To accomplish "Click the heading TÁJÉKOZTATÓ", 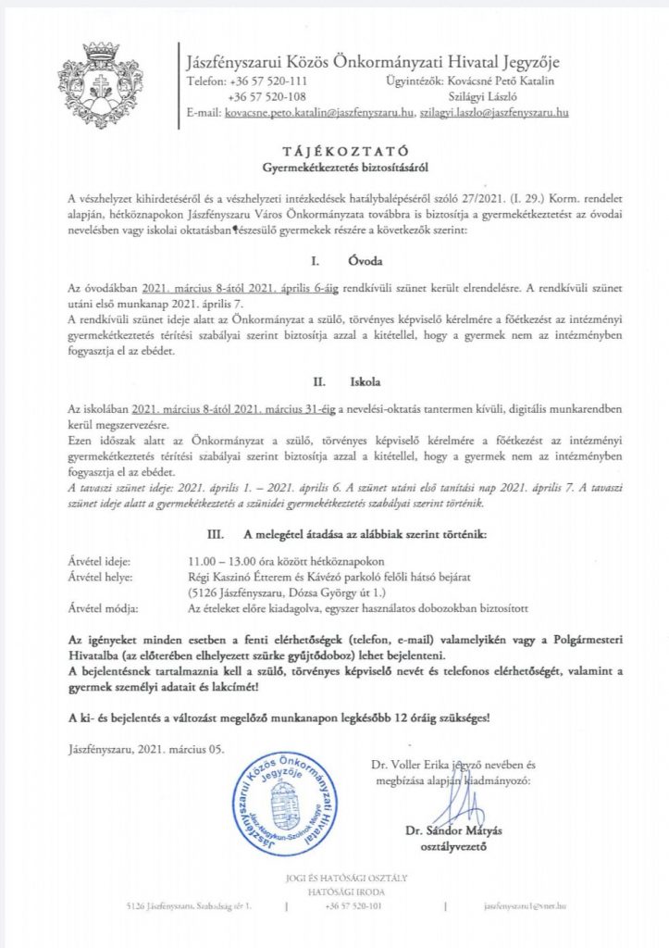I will tap(334, 150).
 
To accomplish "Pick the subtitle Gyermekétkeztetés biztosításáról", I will tap(334, 168).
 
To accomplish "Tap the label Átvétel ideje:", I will tap(100, 561).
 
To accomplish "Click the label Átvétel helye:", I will tap(101, 577).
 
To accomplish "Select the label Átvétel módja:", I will tap(103, 608).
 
